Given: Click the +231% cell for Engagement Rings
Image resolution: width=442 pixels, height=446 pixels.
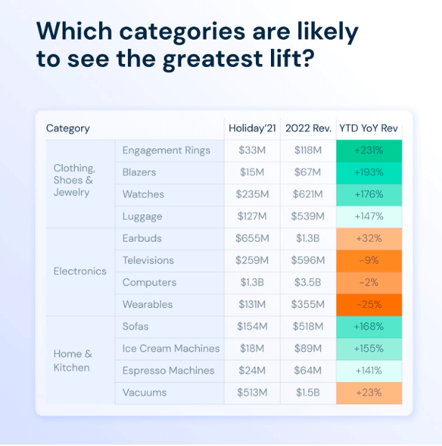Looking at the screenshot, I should click(x=369, y=150).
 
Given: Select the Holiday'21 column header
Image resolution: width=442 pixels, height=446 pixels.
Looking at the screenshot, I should click(x=252, y=129).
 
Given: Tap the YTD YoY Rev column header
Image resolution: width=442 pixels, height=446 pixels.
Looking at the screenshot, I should click(x=369, y=129).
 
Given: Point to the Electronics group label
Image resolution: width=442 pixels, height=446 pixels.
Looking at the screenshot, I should click(x=80, y=271).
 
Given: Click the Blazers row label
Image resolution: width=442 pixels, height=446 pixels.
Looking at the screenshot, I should click(x=139, y=173).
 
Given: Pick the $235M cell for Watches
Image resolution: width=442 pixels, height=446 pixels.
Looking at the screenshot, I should click(x=252, y=194).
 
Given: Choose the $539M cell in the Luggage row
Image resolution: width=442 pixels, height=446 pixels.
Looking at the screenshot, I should click(x=307, y=217).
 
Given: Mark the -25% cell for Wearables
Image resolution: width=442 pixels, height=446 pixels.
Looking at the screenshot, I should click(x=369, y=304).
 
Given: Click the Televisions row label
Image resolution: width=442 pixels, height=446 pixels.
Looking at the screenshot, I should click(x=147, y=260).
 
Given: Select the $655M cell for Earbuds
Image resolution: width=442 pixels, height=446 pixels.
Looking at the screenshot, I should click(x=252, y=238).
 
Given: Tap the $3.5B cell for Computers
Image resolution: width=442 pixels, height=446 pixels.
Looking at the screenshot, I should click(x=307, y=282).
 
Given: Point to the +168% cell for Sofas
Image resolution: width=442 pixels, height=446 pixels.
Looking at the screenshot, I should click(x=369, y=327).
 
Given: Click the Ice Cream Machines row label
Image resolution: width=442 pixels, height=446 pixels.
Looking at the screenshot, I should click(x=171, y=348).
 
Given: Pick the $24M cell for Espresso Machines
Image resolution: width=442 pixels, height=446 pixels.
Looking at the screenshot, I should click(x=252, y=370).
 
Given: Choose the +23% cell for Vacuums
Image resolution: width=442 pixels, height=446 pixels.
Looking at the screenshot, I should click(x=369, y=393).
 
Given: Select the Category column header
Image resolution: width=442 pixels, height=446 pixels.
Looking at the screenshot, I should click(x=68, y=129).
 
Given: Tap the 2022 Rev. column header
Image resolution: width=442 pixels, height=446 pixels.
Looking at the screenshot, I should click(x=307, y=129).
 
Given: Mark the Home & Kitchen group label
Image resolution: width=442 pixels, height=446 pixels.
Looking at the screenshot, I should click(x=73, y=360).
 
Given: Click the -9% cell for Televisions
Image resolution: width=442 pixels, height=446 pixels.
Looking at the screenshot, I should click(x=369, y=260).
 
